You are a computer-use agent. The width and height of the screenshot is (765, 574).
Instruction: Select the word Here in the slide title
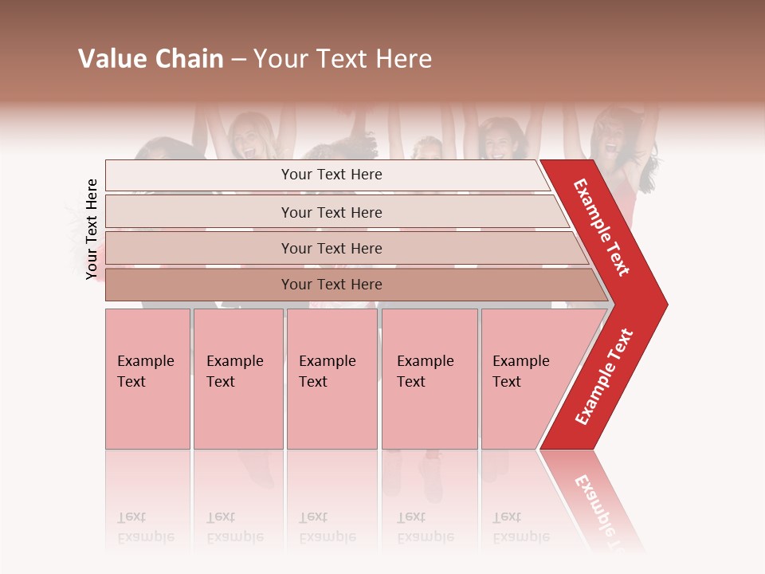402,59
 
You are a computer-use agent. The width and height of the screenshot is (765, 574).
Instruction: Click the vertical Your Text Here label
92,229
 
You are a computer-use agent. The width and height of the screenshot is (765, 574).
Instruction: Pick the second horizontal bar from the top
331,212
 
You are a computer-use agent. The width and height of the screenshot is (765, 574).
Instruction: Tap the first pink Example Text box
147,379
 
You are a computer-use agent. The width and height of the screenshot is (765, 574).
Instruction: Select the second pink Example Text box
238,379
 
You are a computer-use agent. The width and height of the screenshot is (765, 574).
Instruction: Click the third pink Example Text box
331,379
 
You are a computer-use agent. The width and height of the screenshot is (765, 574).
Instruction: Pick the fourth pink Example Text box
430,379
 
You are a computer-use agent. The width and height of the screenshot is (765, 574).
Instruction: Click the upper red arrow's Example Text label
602,227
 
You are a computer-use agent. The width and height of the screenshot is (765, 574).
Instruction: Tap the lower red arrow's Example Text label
603,377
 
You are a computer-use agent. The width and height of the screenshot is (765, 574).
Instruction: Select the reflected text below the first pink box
146,528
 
